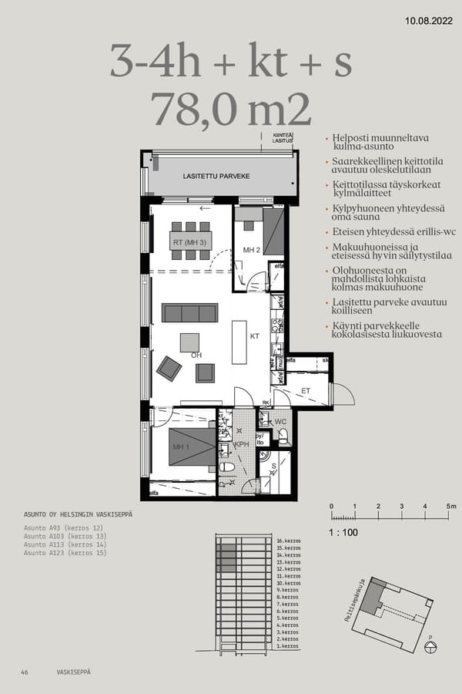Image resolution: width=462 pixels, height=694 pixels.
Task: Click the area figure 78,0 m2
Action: click(231, 109)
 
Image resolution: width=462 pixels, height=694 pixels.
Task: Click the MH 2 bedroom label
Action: click(252, 251)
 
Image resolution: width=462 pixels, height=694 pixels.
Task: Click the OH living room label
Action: click(196, 355)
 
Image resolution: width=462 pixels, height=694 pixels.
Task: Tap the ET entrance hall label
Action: click(306, 391)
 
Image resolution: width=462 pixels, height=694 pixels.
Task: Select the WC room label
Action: click(281, 422)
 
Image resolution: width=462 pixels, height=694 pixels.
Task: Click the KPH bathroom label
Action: click(241, 445)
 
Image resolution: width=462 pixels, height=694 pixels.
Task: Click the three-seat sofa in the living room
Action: click(189, 312)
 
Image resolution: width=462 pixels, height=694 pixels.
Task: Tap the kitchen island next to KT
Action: click(239, 342)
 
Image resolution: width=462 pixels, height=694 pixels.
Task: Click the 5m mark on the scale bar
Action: click(451, 506)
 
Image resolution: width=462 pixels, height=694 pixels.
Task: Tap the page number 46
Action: click(25, 672)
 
